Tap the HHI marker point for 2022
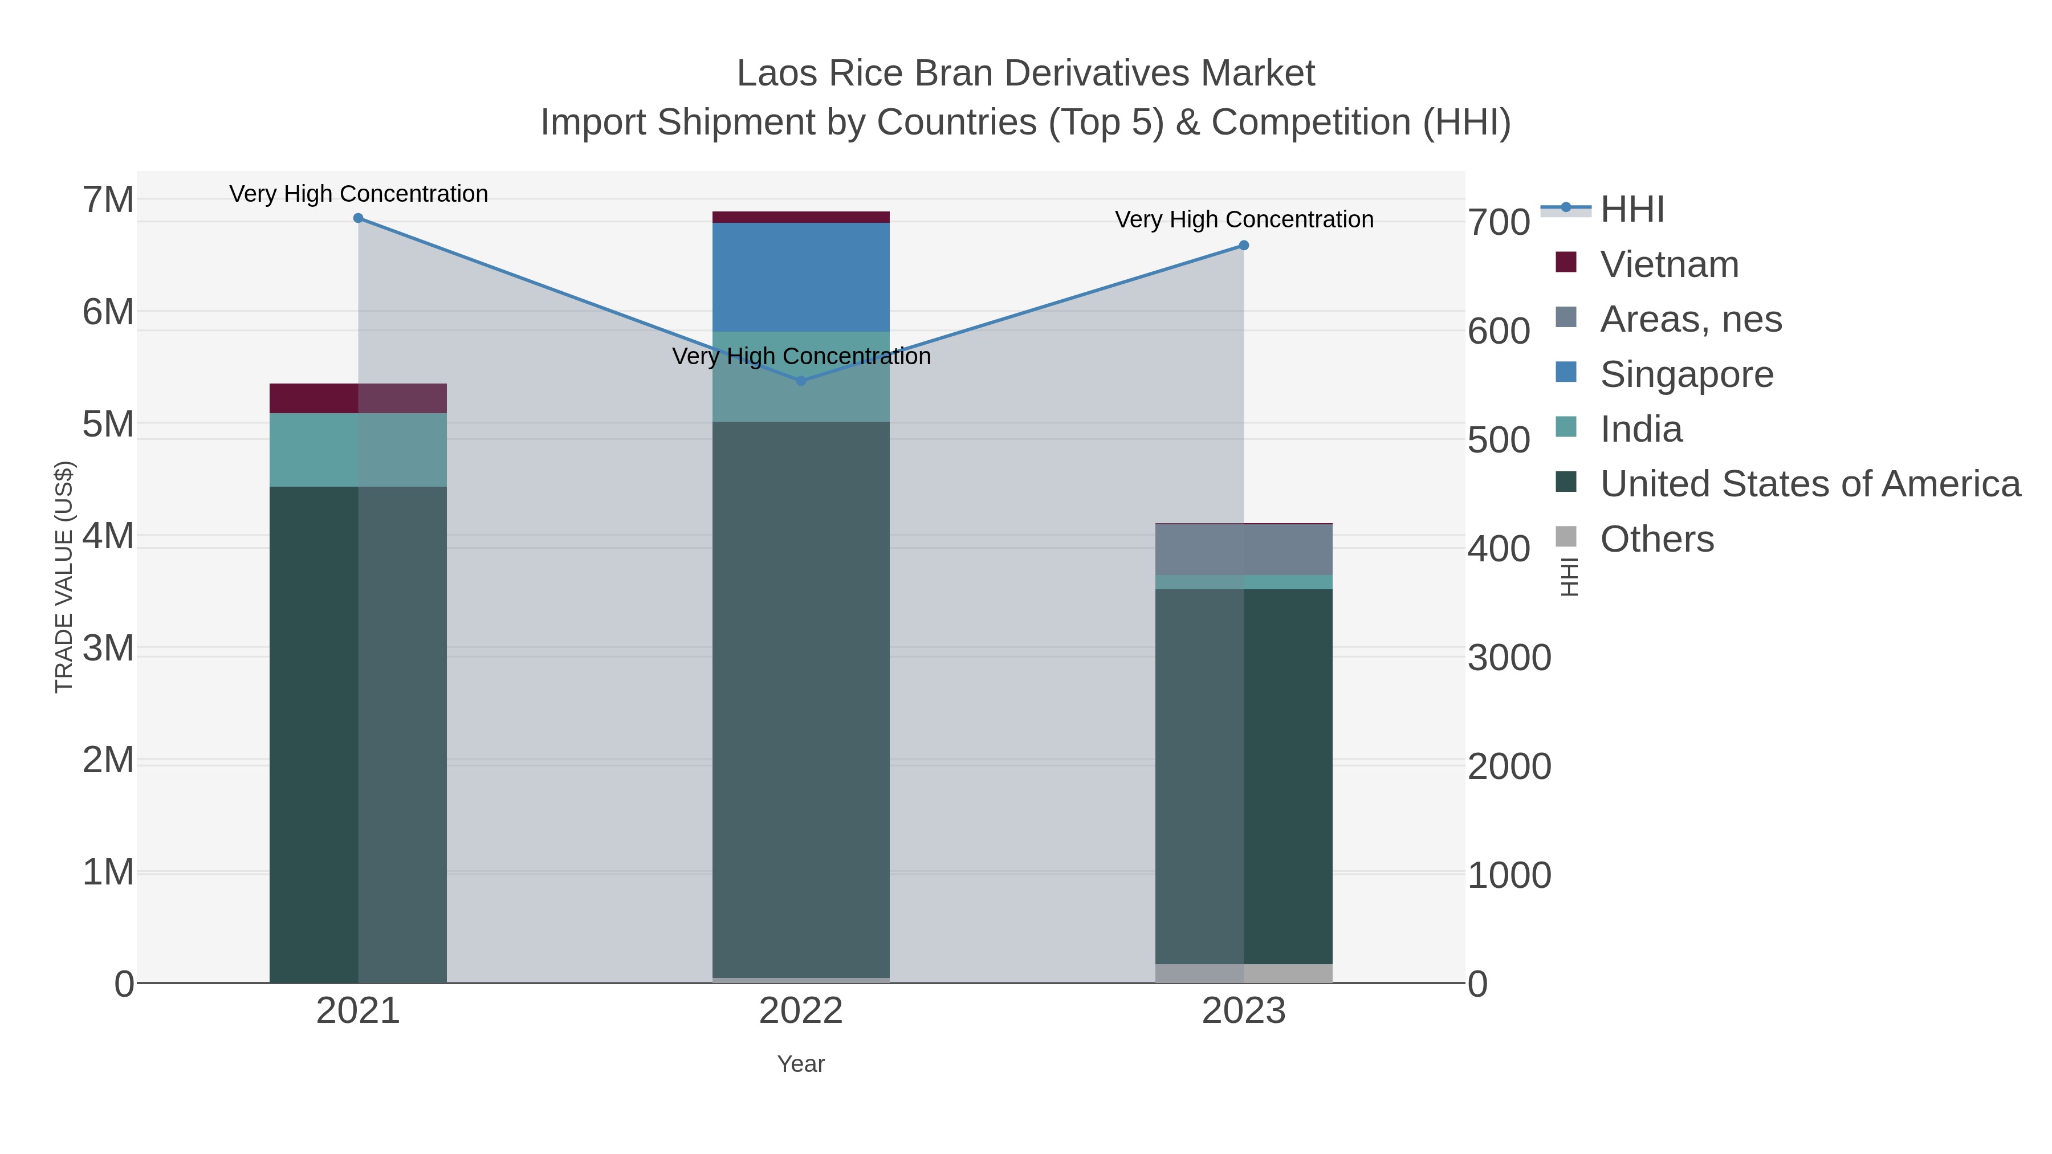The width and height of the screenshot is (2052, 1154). pyautogui.click(x=801, y=381)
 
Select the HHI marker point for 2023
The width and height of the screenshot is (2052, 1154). pyautogui.click(x=1244, y=245)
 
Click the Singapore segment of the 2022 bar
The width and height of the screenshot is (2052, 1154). pyautogui.click(x=801, y=276)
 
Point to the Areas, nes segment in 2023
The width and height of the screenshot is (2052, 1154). pyautogui.click(x=1244, y=549)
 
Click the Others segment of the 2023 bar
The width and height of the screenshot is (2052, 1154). pyautogui.click(x=1244, y=973)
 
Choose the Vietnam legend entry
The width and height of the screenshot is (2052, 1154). pyautogui.click(x=1669, y=264)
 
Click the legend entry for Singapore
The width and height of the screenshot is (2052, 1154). pyautogui.click(x=1687, y=374)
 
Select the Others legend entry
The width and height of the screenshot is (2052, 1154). pyautogui.click(x=1657, y=539)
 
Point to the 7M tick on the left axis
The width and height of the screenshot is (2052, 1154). pyautogui.click(x=108, y=200)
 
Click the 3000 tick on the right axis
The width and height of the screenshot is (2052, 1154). pyautogui.click(x=1509, y=658)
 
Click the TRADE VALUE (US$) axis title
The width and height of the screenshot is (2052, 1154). pyautogui.click(x=64, y=577)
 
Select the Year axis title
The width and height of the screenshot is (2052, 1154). pyautogui.click(x=801, y=1064)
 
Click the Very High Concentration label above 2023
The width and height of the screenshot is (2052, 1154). pyautogui.click(x=1244, y=220)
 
